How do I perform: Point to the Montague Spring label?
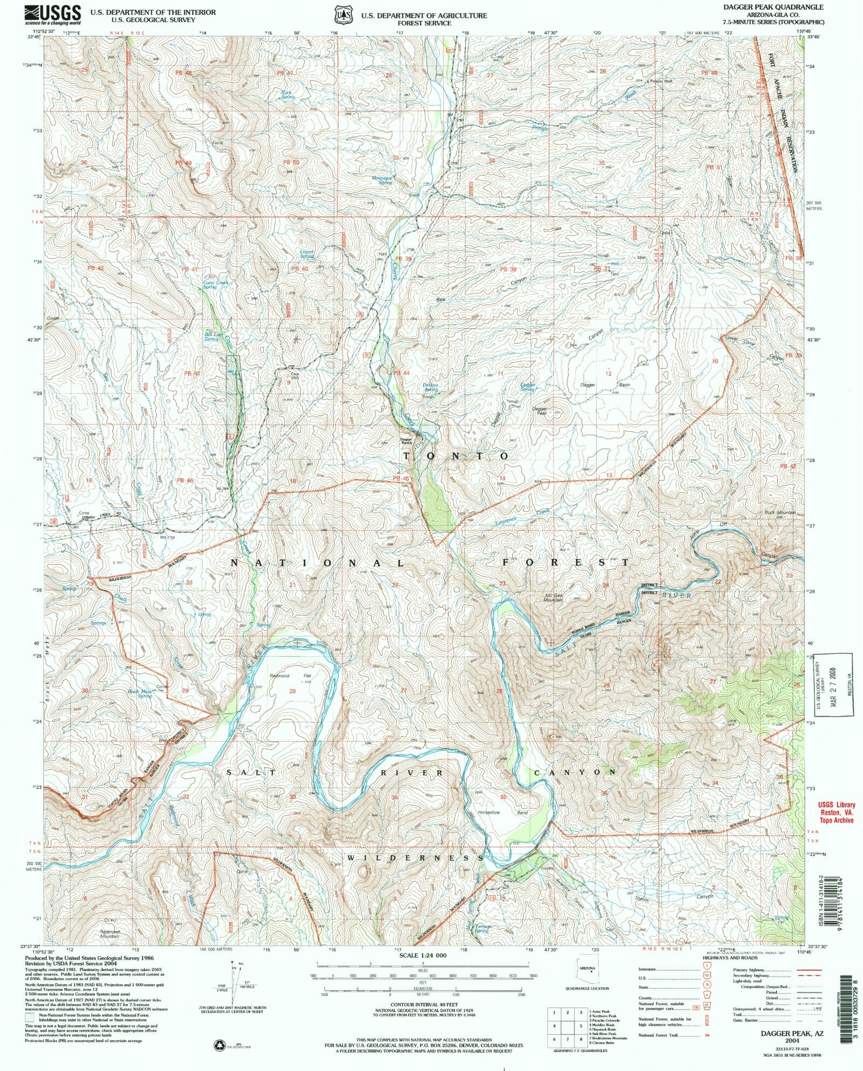382,180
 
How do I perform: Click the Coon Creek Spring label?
216,284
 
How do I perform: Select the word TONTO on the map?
456,456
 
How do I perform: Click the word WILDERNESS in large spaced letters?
415,857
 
